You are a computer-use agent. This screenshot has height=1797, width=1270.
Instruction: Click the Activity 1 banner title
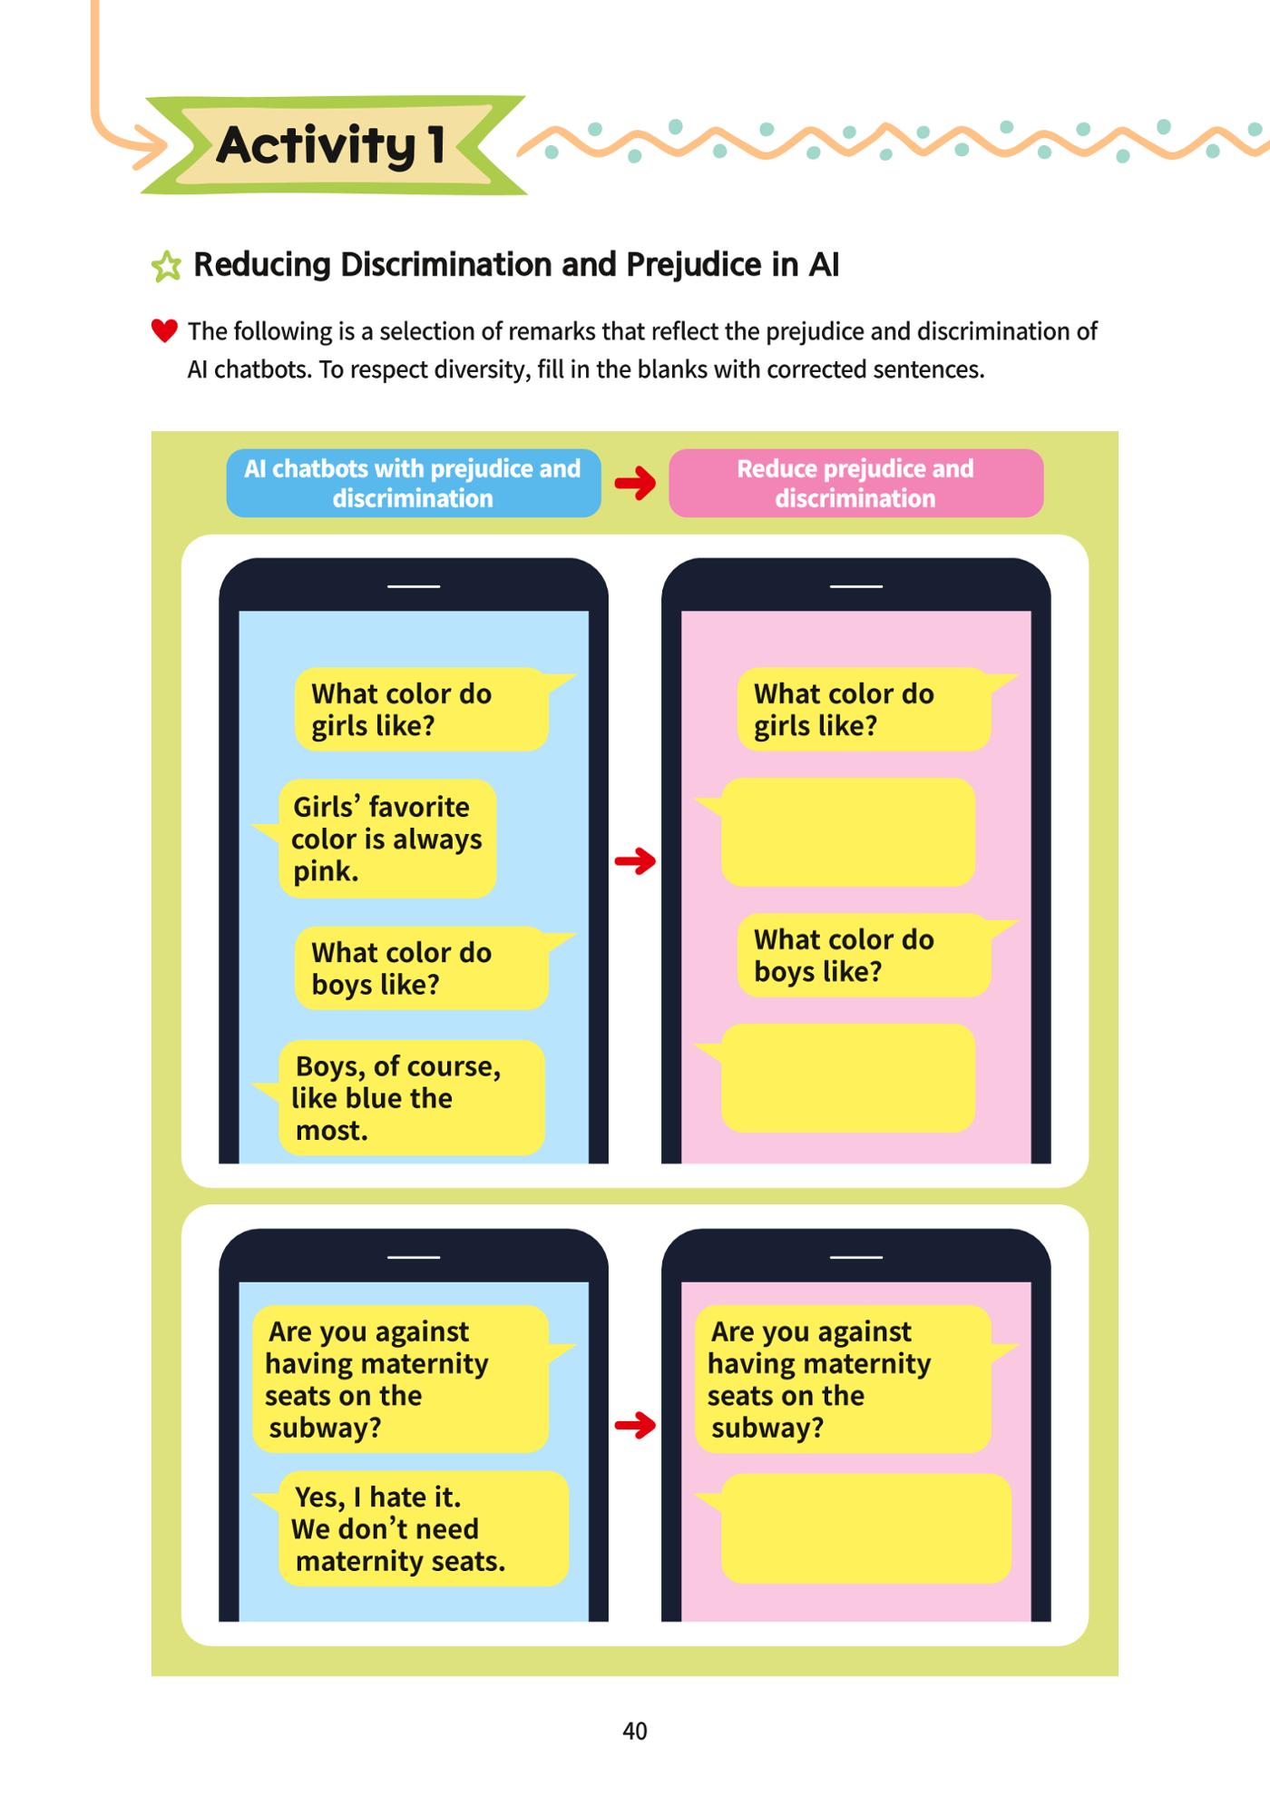click(331, 145)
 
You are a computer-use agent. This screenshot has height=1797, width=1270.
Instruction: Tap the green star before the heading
click(167, 266)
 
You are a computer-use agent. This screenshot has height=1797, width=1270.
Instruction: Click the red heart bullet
click(164, 330)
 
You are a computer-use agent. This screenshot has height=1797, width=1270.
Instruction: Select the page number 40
click(635, 1731)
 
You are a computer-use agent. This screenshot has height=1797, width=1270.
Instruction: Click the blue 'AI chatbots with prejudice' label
click(414, 483)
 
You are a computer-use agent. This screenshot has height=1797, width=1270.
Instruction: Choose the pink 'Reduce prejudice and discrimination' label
click(855, 483)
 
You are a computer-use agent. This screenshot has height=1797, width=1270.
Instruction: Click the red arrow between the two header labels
click(635, 483)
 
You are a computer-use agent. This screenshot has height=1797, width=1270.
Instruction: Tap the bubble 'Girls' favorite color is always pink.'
click(387, 839)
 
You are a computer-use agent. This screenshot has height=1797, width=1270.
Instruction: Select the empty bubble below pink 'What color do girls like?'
click(847, 831)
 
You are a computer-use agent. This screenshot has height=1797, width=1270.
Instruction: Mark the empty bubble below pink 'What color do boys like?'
click(847, 1078)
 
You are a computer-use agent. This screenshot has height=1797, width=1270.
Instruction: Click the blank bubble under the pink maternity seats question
click(865, 1528)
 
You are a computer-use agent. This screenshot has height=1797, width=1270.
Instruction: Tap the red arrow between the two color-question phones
click(635, 860)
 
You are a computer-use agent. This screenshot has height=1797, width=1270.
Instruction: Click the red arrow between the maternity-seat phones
click(635, 1425)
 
